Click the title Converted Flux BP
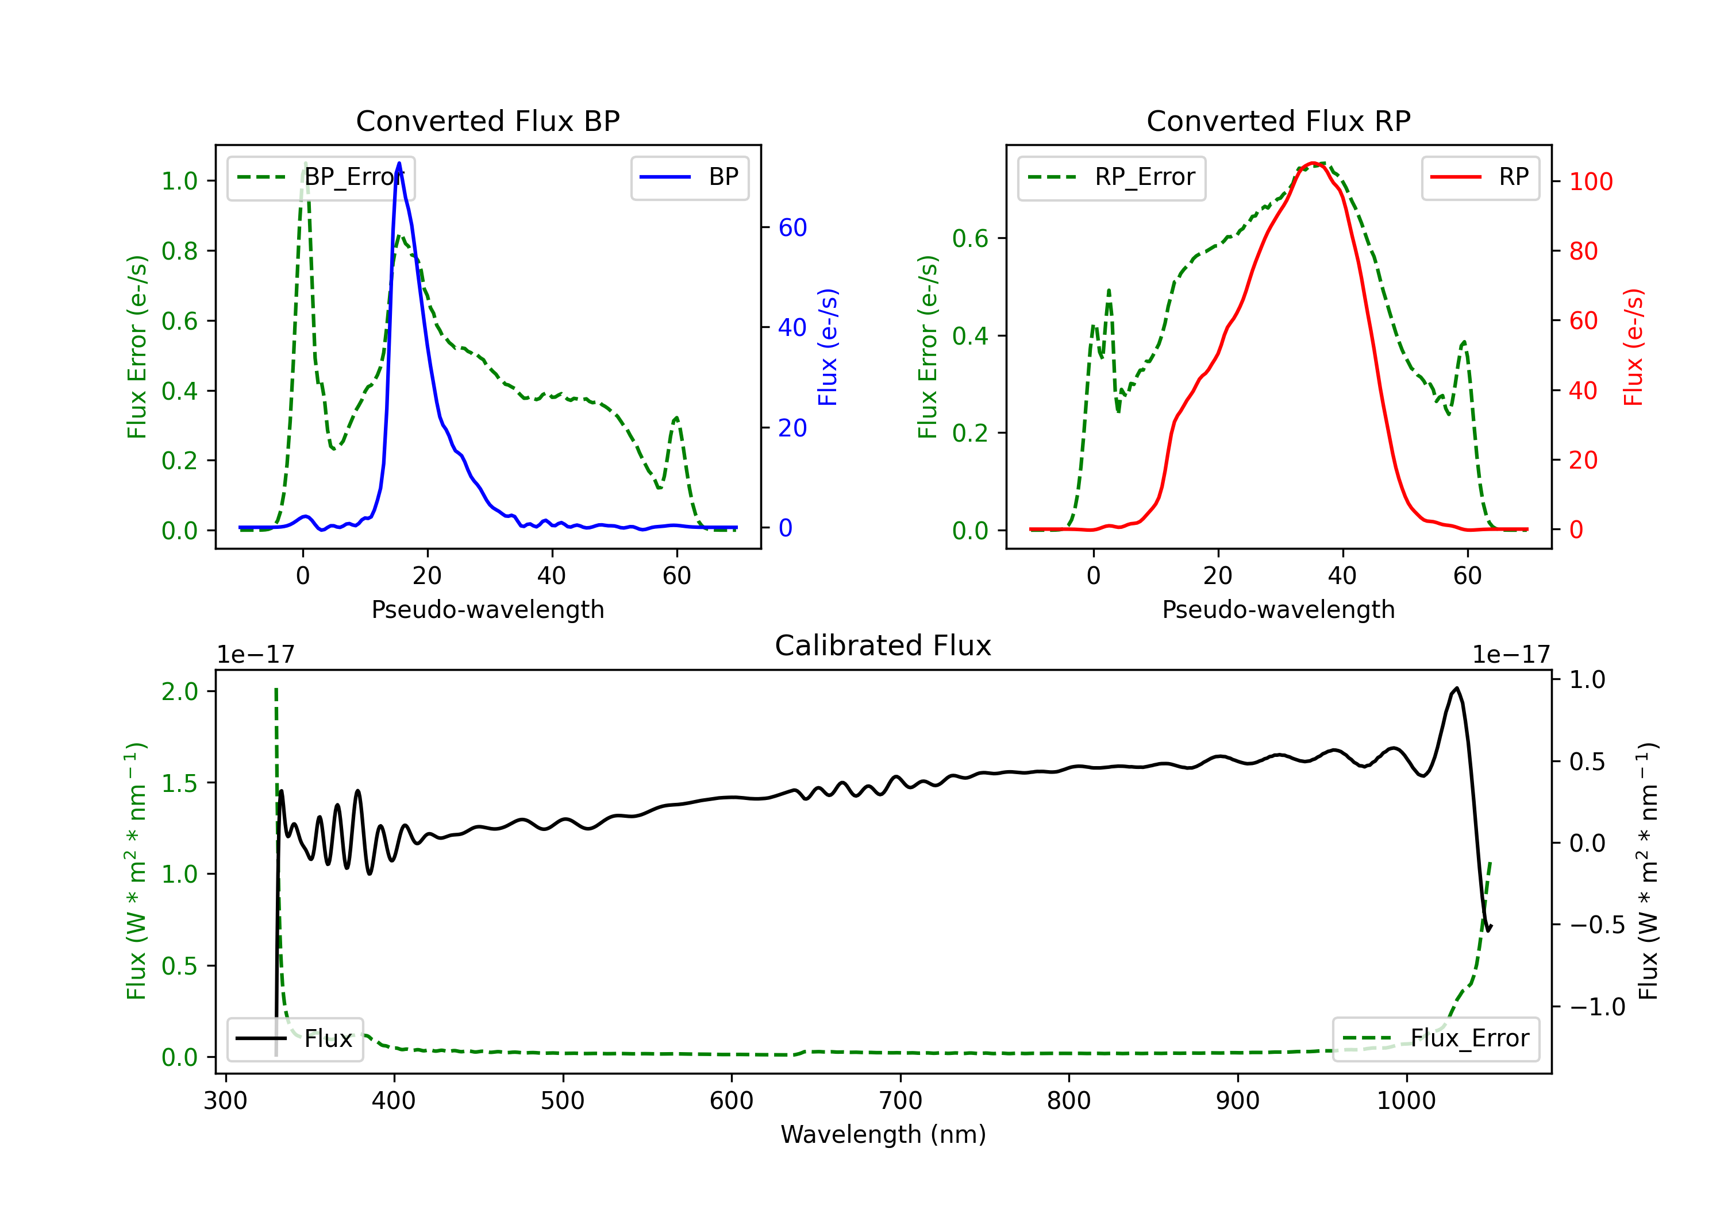pyautogui.click(x=487, y=121)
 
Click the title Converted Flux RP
pyautogui.click(x=1278, y=121)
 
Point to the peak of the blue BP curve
pyautogui.click(x=399, y=163)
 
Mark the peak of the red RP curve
pyautogui.click(x=1313, y=163)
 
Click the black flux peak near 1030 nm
pyautogui.click(x=1457, y=687)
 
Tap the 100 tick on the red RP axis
pyautogui.click(x=1590, y=181)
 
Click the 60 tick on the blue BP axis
pyautogui.click(x=792, y=227)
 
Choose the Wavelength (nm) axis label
pyautogui.click(x=883, y=1134)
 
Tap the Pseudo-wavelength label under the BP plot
pyautogui.click(x=487, y=609)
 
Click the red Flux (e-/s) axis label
pyautogui.click(x=1634, y=347)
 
